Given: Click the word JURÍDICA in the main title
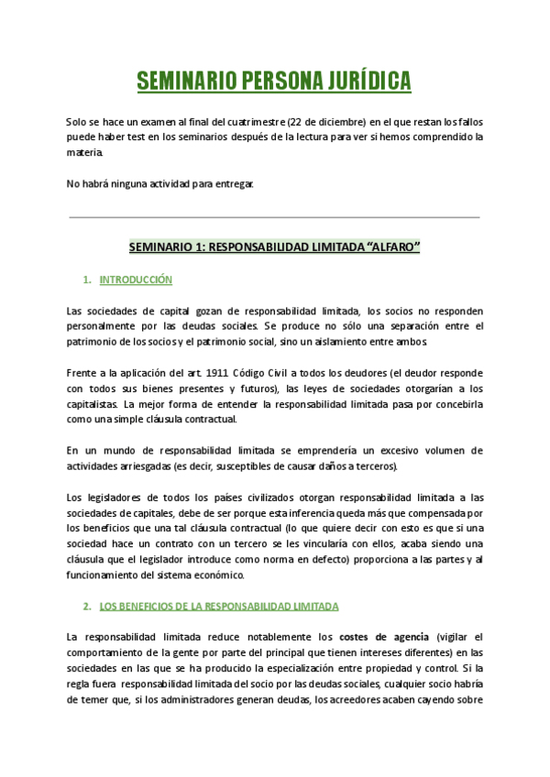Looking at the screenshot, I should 360,82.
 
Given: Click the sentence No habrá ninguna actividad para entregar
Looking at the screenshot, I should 160,183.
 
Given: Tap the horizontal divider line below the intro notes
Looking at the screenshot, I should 275,217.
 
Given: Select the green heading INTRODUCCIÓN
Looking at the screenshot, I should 136,279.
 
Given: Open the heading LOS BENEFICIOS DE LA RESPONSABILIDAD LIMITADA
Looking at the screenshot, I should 218,607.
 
